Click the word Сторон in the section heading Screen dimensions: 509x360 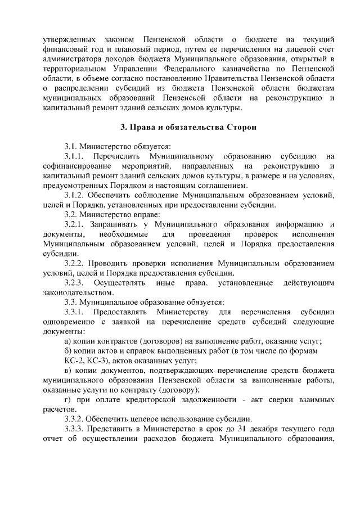click(x=241, y=128)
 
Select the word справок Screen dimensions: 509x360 click(x=140, y=350)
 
